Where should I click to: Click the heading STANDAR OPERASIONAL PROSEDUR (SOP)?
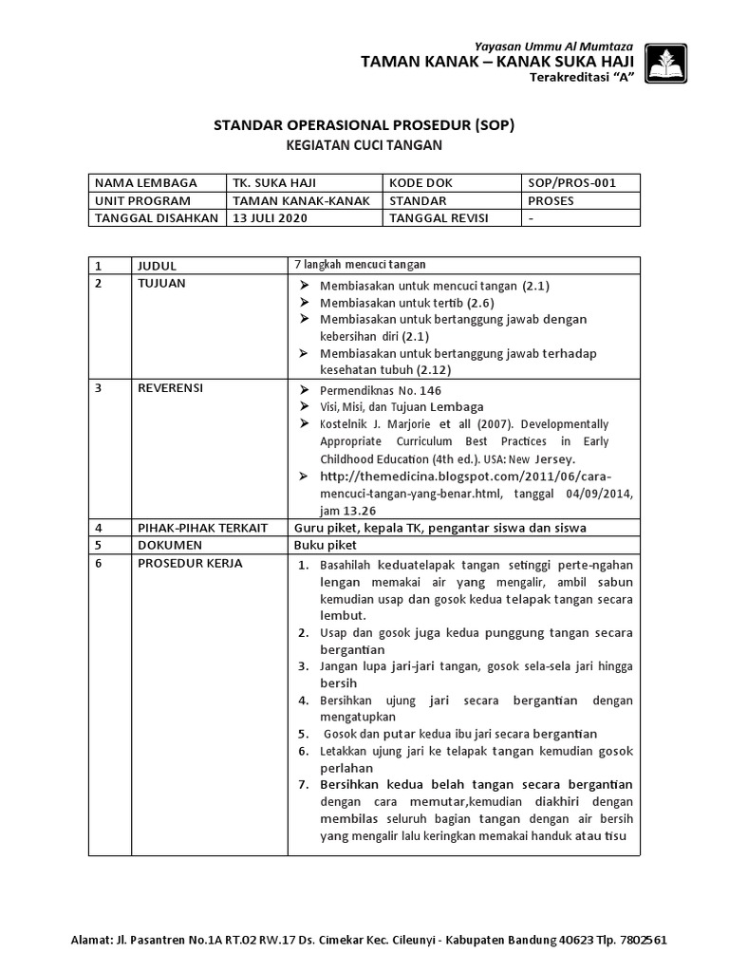pyautogui.click(x=364, y=124)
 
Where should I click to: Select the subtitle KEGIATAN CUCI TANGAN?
pyautogui.click(x=364, y=145)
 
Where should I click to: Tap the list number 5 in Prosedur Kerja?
pyautogui.click(x=301, y=734)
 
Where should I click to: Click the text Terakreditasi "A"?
pyautogui.click(x=594, y=78)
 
